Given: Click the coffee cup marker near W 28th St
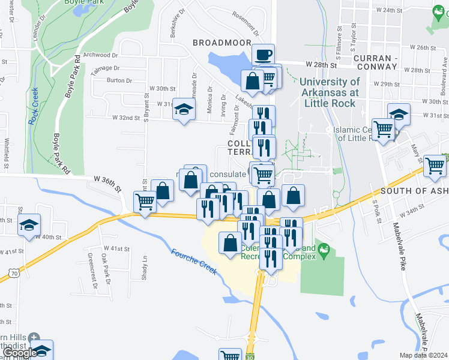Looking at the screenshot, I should (x=263, y=55).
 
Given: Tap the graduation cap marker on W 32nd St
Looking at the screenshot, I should (x=184, y=109).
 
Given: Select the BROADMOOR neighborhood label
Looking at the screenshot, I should (x=216, y=43).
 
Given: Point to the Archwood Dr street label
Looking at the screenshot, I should (x=97, y=55).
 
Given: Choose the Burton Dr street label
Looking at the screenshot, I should (x=119, y=80).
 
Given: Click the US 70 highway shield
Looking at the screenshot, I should (x=14, y=274).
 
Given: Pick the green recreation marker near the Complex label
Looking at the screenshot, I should (x=324, y=248).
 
